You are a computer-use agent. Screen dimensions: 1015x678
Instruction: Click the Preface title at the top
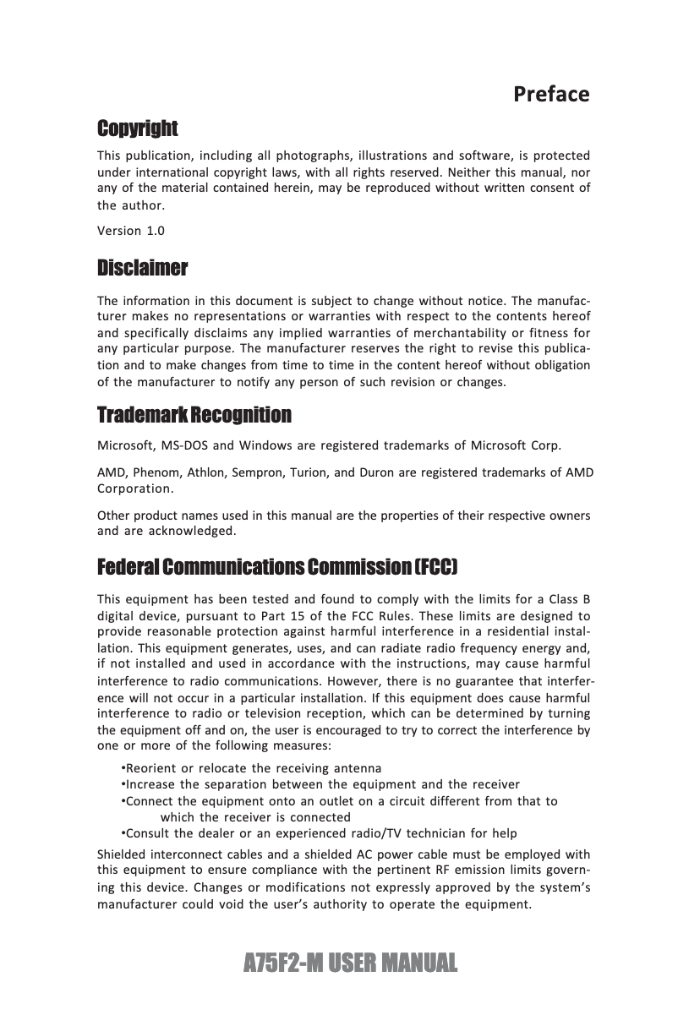pyautogui.click(x=551, y=93)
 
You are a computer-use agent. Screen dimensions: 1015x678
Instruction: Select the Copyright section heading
pyautogui.click(x=138, y=128)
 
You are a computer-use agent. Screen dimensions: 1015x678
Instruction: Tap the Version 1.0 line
pyautogui.click(x=131, y=231)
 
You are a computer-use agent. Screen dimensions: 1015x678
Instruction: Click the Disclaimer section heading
pyautogui.click(x=142, y=269)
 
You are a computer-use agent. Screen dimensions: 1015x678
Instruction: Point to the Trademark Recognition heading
pyautogui.click(x=194, y=415)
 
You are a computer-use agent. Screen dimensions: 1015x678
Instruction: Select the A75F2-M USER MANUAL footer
pyautogui.click(x=350, y=962)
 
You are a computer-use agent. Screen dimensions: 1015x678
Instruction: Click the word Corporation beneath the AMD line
pyautogui.click(x=135, y=488)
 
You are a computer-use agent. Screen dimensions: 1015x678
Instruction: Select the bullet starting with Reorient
pyautogui.click(x=251, y=768)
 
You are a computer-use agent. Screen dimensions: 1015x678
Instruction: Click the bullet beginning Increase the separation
pyautogui.click(x=321, y=784)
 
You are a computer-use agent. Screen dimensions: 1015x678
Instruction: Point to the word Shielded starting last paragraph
pyautogui.click(x=123, y=854)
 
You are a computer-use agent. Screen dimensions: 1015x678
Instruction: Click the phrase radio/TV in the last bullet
pyautogui.click(x=404, y=833)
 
